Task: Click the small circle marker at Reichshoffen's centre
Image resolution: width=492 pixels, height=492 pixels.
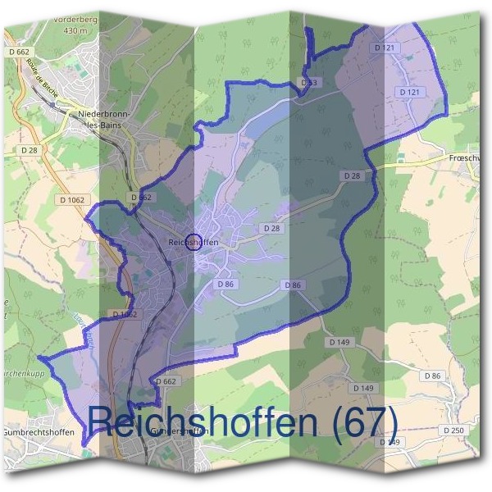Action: coord(194,241)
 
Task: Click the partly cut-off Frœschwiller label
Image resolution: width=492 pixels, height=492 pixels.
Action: coord(470,157)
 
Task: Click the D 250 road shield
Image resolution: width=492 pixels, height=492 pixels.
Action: coord(453,430)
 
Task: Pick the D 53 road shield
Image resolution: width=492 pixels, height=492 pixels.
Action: coord(308,83)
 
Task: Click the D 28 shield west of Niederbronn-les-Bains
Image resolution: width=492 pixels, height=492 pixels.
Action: coord(30,150)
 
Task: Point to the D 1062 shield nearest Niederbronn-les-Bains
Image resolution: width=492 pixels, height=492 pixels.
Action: coord(73,199)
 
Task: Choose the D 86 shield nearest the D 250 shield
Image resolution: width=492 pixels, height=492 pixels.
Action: coord(432,375)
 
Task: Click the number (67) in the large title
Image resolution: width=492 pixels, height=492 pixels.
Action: coord(362,422)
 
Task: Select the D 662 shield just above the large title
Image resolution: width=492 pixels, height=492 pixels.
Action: coord(166,381)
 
